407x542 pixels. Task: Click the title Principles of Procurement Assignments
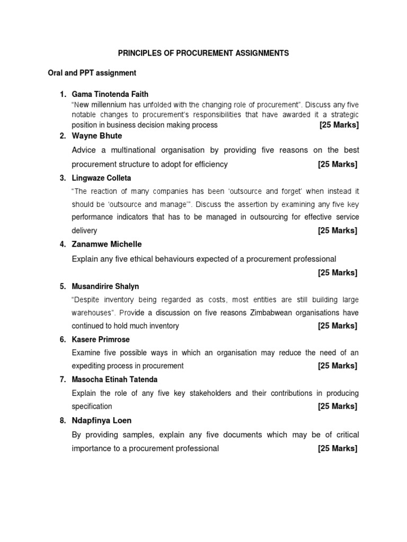click(x=203, y=53)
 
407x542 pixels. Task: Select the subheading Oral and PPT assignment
click(x=92, y=73)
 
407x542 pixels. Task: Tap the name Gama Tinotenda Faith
click(x=110, y=94)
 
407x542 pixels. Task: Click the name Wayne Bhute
click(x=96, y=136)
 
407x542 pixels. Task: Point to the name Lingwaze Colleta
click(x=101, y=178)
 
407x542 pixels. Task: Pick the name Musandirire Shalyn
click(x=105, y=286)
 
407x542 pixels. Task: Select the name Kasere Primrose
click(x=101, y=339)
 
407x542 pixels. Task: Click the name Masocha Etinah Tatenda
click(x=114, y=380)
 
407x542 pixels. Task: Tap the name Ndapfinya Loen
click(x=102, y=420)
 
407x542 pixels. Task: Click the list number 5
click(x=62, y=286)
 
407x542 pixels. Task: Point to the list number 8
click(x=62, y=420)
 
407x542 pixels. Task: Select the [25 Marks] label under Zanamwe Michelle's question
click(x=338, y=273)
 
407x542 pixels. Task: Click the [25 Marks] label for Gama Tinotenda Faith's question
click(x=339, y=125)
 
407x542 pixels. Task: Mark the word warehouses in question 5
click(x=91, y=312)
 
